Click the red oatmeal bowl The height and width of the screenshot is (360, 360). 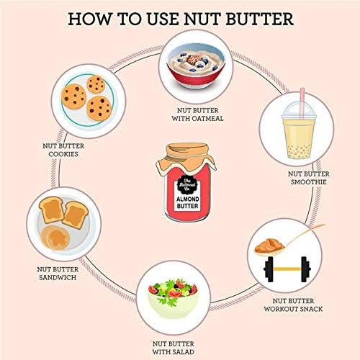point(196,68)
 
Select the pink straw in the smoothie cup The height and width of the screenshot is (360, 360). point(302,102)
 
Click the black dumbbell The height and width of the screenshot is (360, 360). point(287,269)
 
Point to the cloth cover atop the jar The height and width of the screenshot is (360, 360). point(186,157)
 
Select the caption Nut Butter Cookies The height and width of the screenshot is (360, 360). point(63,150)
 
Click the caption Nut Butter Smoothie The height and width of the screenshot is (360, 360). point(309,178)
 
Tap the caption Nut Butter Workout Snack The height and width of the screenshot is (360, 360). point(293,305)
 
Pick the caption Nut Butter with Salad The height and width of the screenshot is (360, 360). point(174,348)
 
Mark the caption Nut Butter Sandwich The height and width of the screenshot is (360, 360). point(58,274)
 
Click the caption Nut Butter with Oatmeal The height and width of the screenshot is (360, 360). point(197,114)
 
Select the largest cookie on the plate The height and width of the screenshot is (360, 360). point(99,109)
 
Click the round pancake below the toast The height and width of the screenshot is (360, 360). point(55,237)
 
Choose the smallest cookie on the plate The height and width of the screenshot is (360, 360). point(96,84)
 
